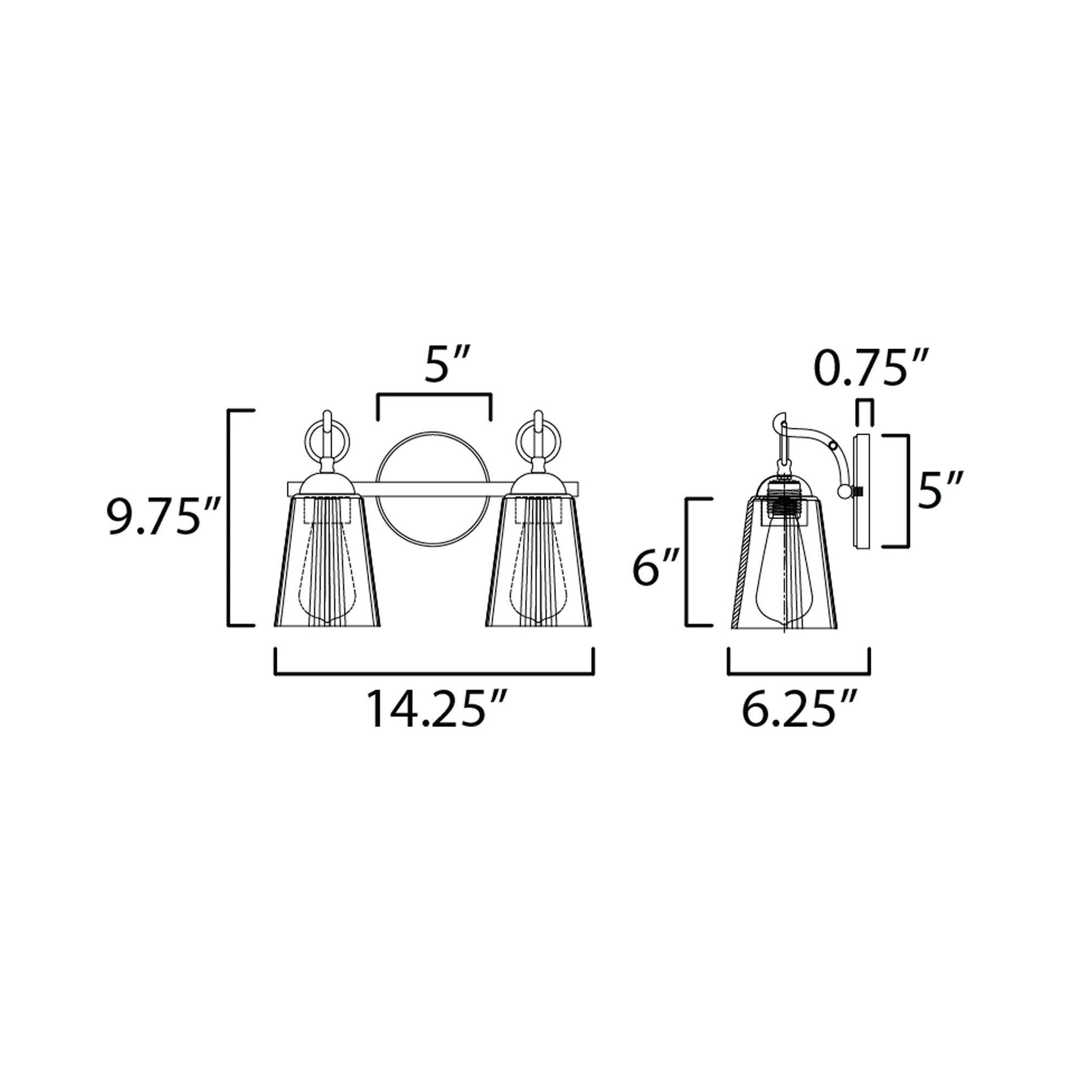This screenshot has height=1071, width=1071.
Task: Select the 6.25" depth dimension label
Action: click(x=800, y=709)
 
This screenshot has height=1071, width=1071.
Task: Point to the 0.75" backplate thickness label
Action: click(x=870, y=368)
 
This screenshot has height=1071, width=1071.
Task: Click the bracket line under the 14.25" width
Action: click(x=434, y=674)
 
